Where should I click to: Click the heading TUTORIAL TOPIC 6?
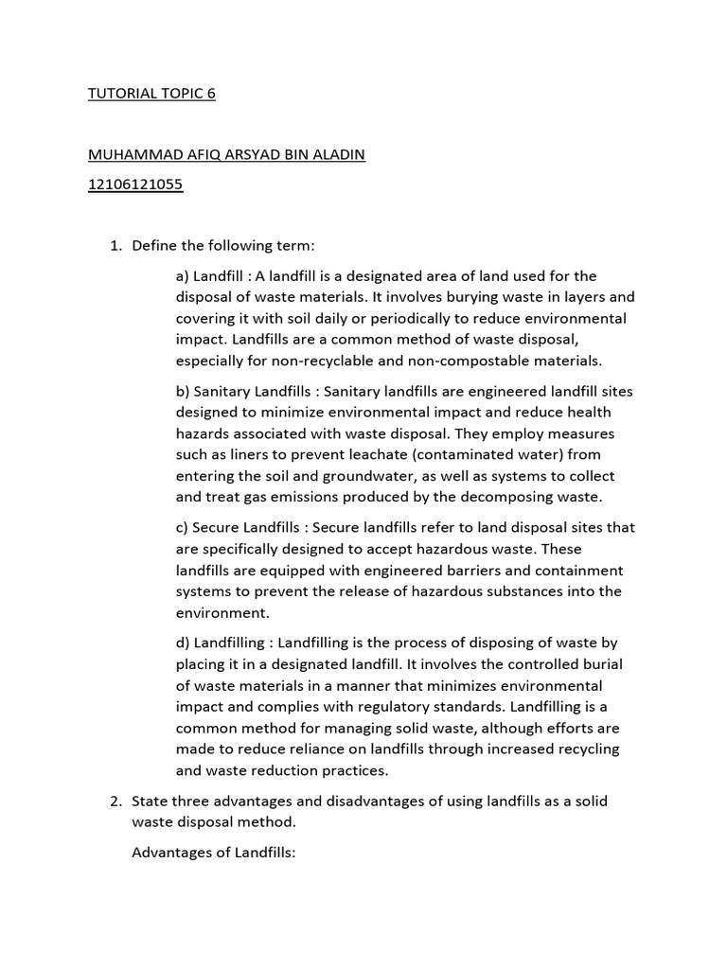coord(151,95)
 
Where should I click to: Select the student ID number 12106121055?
coord(135,185)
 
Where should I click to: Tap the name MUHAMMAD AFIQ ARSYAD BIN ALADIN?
coord(225,155)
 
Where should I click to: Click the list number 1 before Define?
coord(115,246)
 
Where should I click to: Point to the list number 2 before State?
coord(115,801)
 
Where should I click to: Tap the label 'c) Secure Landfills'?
coord(239,528)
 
